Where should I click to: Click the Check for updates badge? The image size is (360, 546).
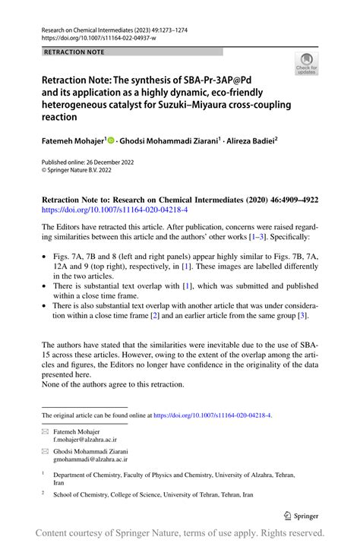tap(307, 65)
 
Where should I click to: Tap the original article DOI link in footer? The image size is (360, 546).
tap(213, 416)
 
